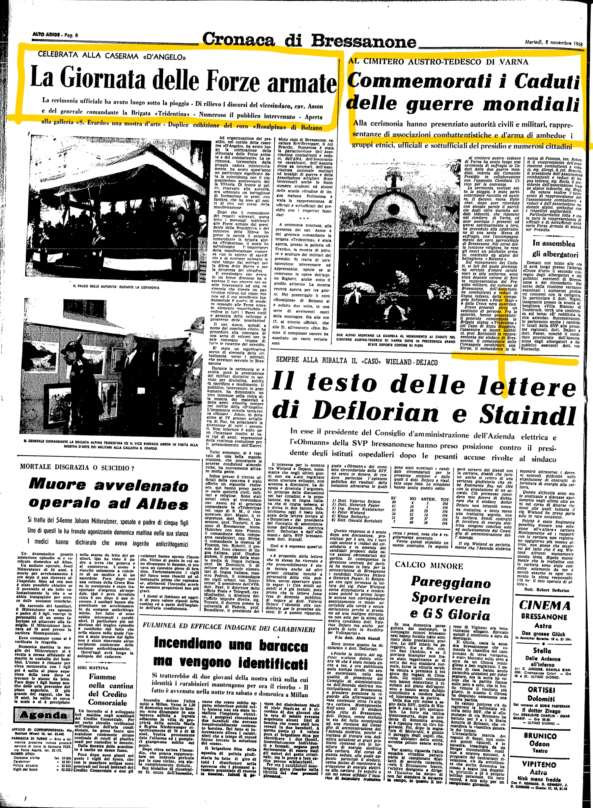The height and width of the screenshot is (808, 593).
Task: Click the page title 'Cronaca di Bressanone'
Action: click(x=309, y=40)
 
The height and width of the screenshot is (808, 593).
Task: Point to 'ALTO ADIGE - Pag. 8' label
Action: click(x=55, y=35)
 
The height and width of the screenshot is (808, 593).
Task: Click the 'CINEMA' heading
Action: click(x=545, y=605)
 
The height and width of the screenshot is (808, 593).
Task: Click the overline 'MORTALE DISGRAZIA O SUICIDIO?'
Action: click(x=77, y=467)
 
